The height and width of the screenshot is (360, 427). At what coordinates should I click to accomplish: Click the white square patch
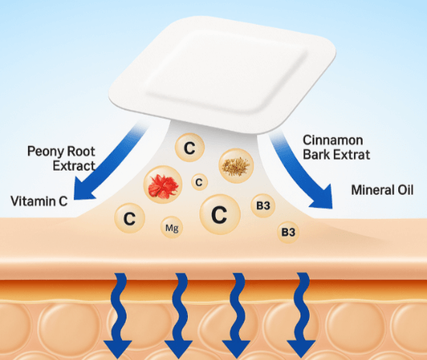pyautogui.click(x=222, y=74)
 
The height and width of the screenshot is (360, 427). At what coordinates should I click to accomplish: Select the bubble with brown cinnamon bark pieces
pyautogui.click(x=236, y=165)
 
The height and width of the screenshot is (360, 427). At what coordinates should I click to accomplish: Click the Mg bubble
pyautogui.click(x=172, y=227)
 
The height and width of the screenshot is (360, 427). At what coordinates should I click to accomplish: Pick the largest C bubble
pyautogui.click(x=220, y=214)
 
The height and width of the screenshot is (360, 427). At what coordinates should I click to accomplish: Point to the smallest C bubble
pyautogui.click(x=200, y=182)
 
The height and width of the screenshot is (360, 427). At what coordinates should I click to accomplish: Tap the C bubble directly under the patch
pyautogui.click(x=189, y=147)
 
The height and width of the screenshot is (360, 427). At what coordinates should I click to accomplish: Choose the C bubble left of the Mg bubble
pyautogui.click(x=130, y=218)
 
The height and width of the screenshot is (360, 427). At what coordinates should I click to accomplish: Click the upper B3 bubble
pyautogui.click(x=262, y=206)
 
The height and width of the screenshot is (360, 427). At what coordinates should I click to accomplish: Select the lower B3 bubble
pyautogui.click(x=288, y=233)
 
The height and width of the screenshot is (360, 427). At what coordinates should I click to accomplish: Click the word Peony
pyautogui.click(x=45, y=151)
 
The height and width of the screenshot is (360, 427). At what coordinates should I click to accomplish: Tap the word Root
pyautogui.click(x=82, y=151)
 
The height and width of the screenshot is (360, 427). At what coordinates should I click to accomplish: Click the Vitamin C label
pyautogui.click(x=39, y=202)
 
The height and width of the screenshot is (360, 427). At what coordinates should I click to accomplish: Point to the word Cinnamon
pyautogui.click(x=333, y=140)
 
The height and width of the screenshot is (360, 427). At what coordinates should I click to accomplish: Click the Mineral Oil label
pyautogui.click(x=382, y=190)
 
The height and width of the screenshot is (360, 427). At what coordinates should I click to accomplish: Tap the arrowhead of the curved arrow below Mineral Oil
pyautogui.click(x=324, y=196)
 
